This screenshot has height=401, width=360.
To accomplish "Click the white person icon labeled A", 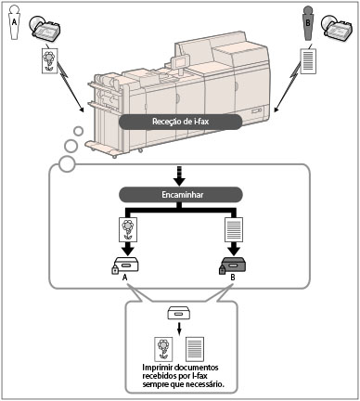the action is pyautogui.click(x=14, y=23).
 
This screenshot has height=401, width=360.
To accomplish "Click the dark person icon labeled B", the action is pyautogui.click(x=308, y=24).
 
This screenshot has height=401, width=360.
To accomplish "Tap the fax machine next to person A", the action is pyautogui.click(x=45, y=28).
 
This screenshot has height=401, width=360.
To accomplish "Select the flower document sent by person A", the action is pyautogui.click(x=50, y=60).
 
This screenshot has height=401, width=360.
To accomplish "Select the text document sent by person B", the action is pyautogui.click(x=308, y=60).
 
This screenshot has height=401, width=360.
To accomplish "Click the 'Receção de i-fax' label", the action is pyautogui.click(x=180, y=122).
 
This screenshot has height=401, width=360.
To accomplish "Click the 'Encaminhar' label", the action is pyautogui.click(x=181, y=195).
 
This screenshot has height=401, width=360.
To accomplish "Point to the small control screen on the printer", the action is pyautogui.click(x=180, y=61).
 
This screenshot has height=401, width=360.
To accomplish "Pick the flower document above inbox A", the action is pyautogui.click(x=128, y=229).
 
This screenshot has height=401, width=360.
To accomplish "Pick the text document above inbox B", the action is pyautogui.click(x=234, y=229).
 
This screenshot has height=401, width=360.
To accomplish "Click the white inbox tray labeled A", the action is pyautogui.click(x=126, y=264).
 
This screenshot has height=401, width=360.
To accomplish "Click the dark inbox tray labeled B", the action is pyautogui.click(x=234, y=264).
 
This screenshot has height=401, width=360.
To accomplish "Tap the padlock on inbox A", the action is pyautogui.click(x=115, y=269).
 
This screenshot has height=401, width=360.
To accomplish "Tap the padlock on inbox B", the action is pyautogui.click(x=222, y=269).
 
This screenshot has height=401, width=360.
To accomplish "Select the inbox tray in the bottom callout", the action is pyautogui.click(x=178, y=313).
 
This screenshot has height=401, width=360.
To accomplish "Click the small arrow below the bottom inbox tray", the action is pyautogui.click(x=179, y=329).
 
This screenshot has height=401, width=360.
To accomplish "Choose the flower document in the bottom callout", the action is pyautogui.click(x=163, y=349).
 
